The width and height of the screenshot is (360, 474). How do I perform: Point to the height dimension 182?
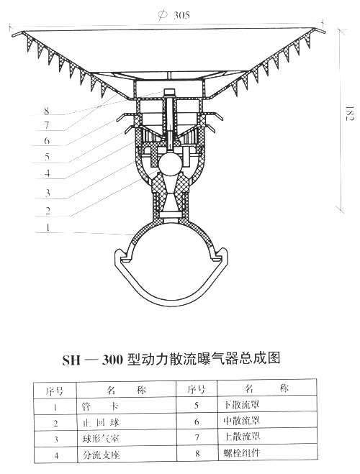coord(349,113)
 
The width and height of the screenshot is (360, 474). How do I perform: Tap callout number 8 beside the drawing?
coord(46,111)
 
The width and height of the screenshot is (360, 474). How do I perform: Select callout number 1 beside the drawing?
coord(48,227)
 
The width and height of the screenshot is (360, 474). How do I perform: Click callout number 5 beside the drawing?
coord(47,157)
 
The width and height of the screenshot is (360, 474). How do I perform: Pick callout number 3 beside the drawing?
coord(48,193)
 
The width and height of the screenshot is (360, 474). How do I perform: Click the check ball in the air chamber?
coord(171,163)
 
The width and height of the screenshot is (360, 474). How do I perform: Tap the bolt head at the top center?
coord(170,92)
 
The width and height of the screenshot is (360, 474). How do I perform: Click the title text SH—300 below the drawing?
coord(93,360)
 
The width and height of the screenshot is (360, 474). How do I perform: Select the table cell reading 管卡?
coord(100,406)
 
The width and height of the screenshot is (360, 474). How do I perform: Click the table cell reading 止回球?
coord(101,423)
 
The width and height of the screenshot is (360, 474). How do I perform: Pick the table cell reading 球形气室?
coord(101,439)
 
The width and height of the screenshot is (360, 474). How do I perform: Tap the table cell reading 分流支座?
coord(102,455)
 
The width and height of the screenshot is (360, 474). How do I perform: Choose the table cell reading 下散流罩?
coord(241,404)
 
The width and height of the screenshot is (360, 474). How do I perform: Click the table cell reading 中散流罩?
coord(242,421)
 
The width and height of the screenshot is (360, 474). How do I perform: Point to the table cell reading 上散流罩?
coord(242,437)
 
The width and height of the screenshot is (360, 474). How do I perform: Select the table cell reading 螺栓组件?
coord(242,452)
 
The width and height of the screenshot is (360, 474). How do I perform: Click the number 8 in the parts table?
coord(197,453)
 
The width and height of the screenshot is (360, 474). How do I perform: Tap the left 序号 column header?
coord(55,391)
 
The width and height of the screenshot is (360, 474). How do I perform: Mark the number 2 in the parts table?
coord(55,423)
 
